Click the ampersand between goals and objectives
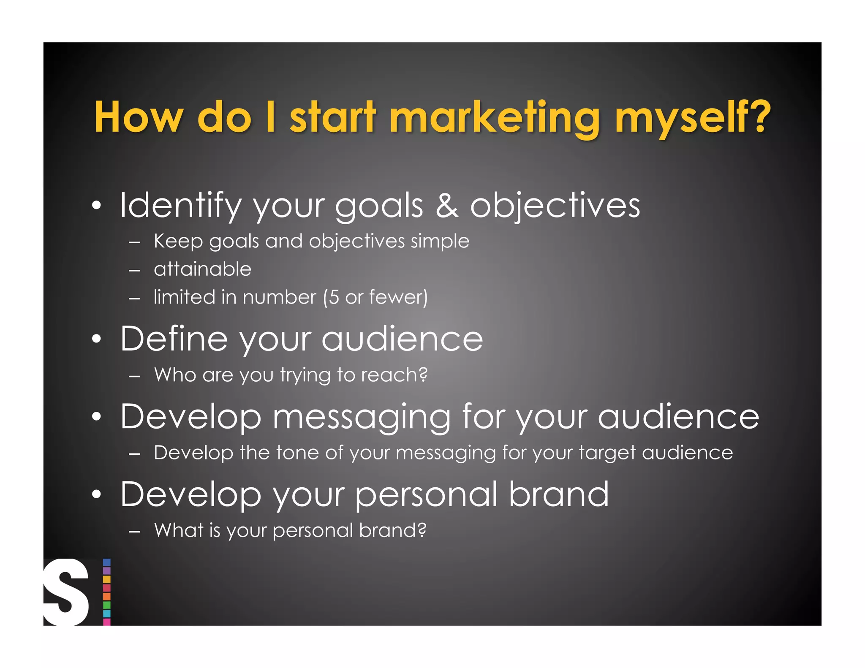pyautogui.click(x=447, y=206)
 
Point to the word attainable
pyautogui.click(x=202, y=269)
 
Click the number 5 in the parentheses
pyautogui.click(x=334, y=297)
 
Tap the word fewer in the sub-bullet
pyautogui.click(x=395, y=297)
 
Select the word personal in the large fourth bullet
pyautogui.click(x=426, y=495)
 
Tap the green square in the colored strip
pyautogui.click(x=107, y=605)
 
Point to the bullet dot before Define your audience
pyautogui.click(x=97, y=339)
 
